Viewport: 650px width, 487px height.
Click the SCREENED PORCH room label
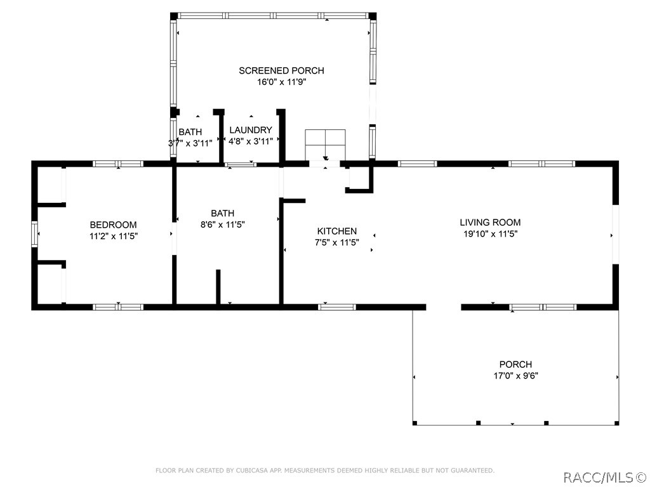[281, 70]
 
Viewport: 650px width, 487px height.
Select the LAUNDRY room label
[251, 130]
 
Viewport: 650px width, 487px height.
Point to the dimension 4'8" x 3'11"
[251, 141]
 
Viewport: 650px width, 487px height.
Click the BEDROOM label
[113, 224]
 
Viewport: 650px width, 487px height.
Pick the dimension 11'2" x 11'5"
[113, 236]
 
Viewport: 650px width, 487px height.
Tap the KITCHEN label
[337, 231]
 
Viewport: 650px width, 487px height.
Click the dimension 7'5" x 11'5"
[337, 242]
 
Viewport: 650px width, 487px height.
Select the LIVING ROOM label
[490, 222]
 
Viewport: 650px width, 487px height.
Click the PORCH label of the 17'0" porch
[515, 365]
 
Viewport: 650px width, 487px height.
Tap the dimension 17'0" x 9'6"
[515, 375]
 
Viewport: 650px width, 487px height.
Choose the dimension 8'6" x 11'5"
[222, 224]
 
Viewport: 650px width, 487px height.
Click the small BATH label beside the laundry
[190, 132]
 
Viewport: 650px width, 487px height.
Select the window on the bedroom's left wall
[35, 233]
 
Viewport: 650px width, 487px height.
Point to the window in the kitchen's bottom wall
[336, 307]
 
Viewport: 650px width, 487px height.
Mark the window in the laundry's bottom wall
[241, 165]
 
